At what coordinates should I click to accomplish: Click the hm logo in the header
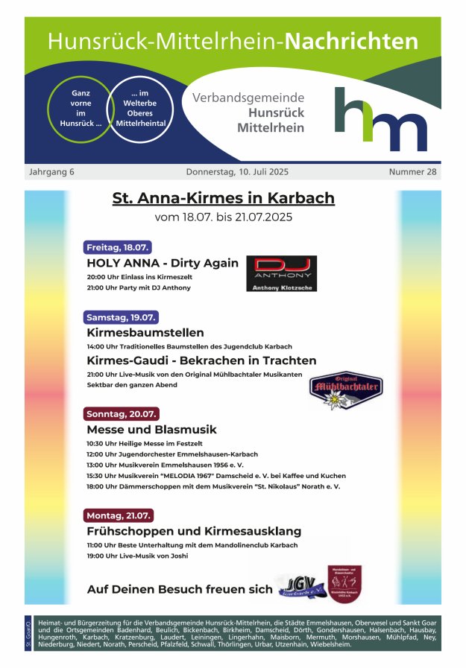380,119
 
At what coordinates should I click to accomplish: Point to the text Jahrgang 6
51,172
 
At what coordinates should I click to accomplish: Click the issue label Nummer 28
412,172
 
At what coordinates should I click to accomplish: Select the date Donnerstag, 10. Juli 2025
237,172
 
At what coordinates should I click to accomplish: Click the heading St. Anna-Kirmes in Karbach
223,198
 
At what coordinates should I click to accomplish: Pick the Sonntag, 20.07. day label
122,414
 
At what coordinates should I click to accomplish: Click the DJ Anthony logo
281,273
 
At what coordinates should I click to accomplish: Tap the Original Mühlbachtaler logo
345,392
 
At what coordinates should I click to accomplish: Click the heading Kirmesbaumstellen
145,332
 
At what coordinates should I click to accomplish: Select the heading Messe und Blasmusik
151,430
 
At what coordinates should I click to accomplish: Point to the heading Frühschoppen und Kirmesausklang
194,531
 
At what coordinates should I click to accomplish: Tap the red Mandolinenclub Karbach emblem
345,583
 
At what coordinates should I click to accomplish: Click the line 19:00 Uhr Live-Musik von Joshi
137,556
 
